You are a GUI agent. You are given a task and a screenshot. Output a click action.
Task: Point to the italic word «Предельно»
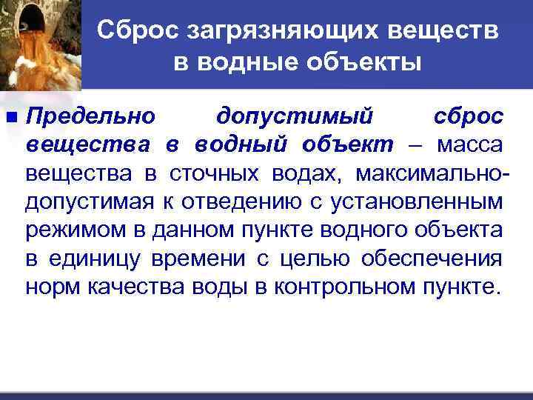point(91,117)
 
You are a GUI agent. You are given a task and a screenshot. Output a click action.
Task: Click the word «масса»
point(471,145)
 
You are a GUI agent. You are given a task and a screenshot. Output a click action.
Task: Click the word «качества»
point(118,286)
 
